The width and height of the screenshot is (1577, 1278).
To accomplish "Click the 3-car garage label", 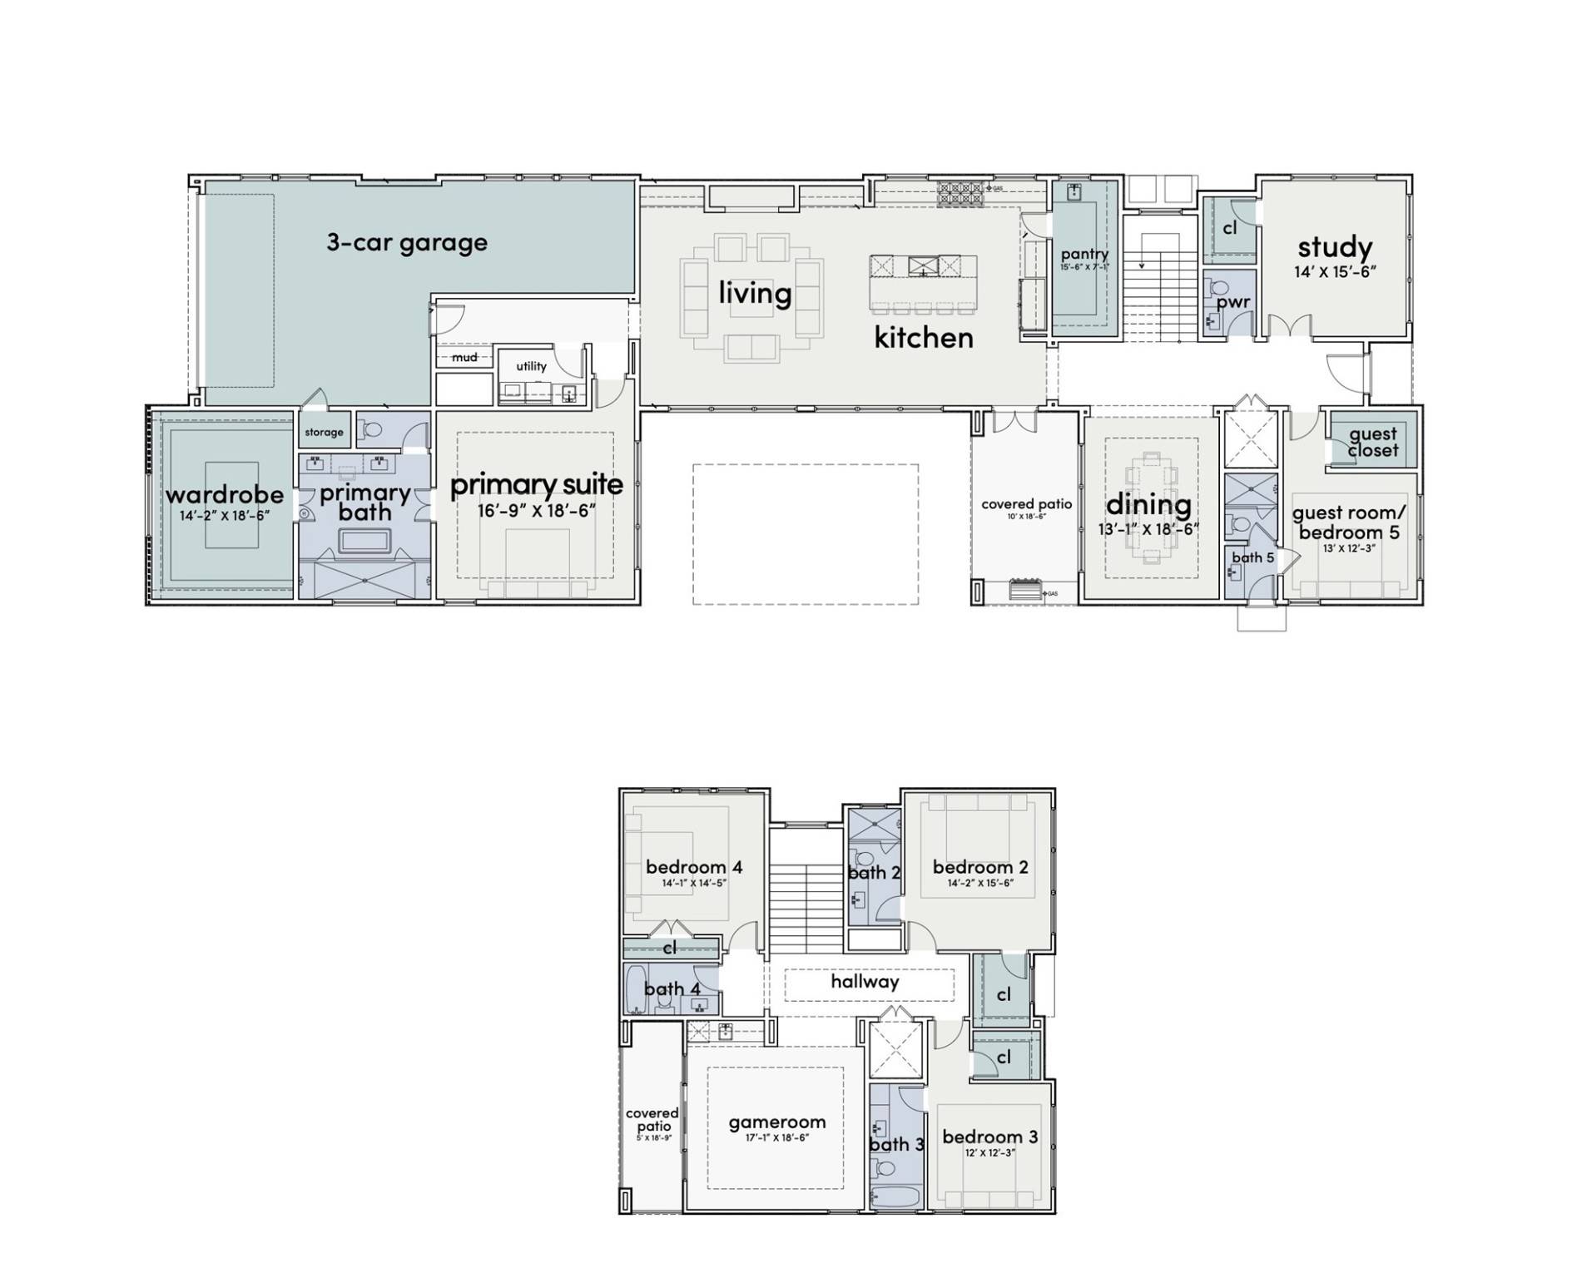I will tap(406, 243).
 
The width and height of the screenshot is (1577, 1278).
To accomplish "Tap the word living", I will tap(755, 293).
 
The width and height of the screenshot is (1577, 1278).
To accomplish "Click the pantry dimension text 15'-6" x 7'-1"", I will tap(1084, 268).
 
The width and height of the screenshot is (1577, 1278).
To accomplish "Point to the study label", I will tap(1335, 247).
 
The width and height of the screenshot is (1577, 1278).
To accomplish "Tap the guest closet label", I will tap(1372, 442).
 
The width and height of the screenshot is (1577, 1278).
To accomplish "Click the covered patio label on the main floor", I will tap(1026, 504).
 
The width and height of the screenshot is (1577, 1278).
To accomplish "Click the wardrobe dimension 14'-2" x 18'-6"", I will tap(225, 516).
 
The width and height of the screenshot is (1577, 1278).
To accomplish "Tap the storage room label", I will tap(324, 432).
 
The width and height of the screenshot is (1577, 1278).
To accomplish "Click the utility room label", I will tap(531, 366).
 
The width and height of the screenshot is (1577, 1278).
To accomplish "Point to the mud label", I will tap(464, 357).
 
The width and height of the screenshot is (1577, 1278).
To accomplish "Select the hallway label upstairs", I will tap(865, 982).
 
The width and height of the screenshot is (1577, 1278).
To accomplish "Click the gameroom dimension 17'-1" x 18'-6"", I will tap(776, 1138).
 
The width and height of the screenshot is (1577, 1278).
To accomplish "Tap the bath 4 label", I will tap(672, 988).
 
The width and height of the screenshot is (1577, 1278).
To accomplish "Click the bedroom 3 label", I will tap(989, 1137).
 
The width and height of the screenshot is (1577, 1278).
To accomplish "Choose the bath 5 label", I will tap(1252, 557).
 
